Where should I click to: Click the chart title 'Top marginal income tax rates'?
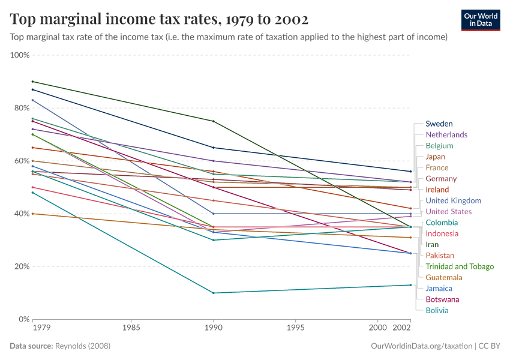point(159,19)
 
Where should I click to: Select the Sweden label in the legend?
point(439,124)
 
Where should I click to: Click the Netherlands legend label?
point(446,134)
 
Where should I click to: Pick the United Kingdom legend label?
point(453,200)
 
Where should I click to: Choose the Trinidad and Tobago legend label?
point(460,266)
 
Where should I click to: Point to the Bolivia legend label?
point(437,310)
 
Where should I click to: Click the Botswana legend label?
point(442,299)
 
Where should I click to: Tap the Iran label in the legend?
point(432,244)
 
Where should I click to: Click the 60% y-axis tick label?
point(22,161)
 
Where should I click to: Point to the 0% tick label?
point(24,319)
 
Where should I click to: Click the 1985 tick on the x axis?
point(131,329)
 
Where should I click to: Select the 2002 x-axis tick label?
point(401,329)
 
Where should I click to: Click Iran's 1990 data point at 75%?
point(213,121)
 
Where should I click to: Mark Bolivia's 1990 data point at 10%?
point(213,293)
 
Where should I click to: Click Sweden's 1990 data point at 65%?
point(213,148)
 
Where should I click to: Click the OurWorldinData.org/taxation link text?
point(421,346)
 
